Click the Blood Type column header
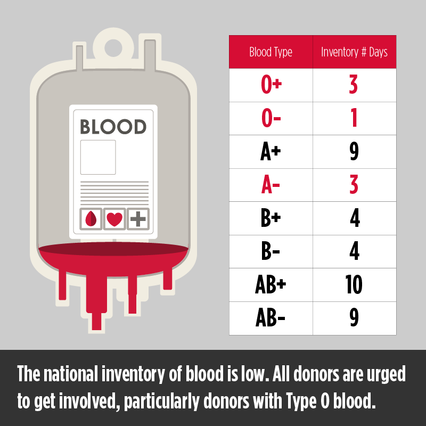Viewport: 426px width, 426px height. pyautogui.click(x=271, y=52)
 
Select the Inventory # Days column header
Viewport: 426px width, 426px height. pyautogui.click(x=354, y=52)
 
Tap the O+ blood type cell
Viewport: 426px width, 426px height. pyautogui.click(x=271, y=84)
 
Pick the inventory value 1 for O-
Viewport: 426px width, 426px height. pyautogui.click(x=354, y=118)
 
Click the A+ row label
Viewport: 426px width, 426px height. pyautogui.click(x=271, y=151)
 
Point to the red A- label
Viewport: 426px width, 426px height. pyautogui.click(x=271, y=184)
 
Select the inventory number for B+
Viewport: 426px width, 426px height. pyautogui.click(x=355, y=218)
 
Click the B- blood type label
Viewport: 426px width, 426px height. pyautogui.click(x=271, y=251)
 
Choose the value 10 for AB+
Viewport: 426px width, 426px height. pyautogui.click(x=354, y=284)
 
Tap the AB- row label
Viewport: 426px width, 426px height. pyautogui.click(x=271, y=317)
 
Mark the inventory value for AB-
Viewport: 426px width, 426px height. pyautogui.click(x=354, y=317)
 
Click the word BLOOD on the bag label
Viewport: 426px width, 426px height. pyautogui.click(x=113, y=127)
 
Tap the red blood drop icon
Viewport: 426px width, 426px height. pyautogui.click(x=91, y=219)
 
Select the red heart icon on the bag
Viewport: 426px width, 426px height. pyautogui.click(x=114, y=219)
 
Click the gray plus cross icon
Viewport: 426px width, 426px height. pyautogui.click(x=138, y=219)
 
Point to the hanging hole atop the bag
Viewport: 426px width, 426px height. pyautogui.click(x=113, y=48)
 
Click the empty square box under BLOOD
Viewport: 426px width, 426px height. pyautogui.click(x=98, y=157)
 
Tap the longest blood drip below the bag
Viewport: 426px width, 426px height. pyautogui.click(x=96, y=301)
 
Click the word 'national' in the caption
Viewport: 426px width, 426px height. pyautogui.click(x=71, y=374)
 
